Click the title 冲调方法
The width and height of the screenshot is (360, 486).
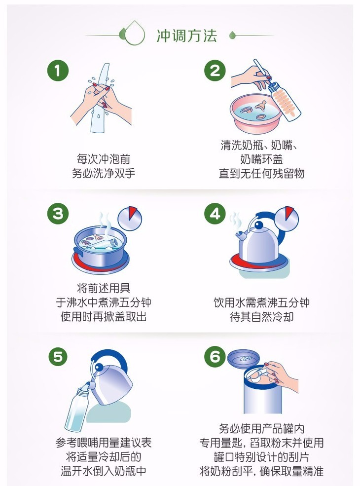tap(186, 36)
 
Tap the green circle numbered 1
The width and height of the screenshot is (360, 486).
tap(58, 71)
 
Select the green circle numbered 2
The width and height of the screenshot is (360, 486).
tap(215, 71)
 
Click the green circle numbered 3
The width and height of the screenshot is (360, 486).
tap(58, 214)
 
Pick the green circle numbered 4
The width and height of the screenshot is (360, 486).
tap(215, 214)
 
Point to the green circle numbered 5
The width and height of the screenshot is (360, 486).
tap(58, 357)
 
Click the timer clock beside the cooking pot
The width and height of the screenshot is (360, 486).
tap(130, 218)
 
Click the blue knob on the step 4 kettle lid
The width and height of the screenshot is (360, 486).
tap(259, 224)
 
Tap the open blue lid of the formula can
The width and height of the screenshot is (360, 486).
tap(244, 359)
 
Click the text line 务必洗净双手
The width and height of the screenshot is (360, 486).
tap(104, 173)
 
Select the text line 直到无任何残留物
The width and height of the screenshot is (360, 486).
tap(261, 173)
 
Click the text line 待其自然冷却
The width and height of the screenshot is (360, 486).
tap(261, 317)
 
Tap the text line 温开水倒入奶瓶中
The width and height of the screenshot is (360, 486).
tap(104, 471)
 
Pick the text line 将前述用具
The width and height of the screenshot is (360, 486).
tap(104, 288)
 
